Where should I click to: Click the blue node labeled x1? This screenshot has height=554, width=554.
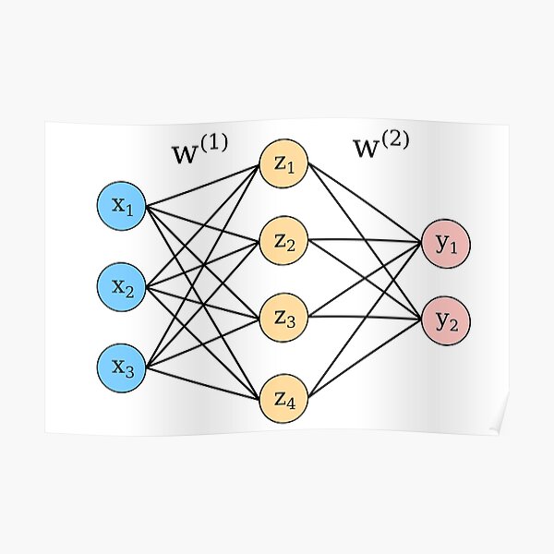(x=123, y=206)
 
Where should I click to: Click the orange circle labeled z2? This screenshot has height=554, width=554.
(x=284, y=243)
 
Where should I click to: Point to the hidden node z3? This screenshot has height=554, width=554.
(x=284, y=319)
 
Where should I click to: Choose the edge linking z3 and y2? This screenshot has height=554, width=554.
(x=365, y=319)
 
